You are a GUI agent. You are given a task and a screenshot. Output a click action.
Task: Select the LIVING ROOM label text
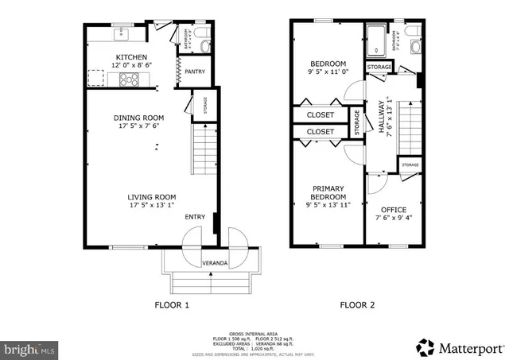click(x=151, y=197)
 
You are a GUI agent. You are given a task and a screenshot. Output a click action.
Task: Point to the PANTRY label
click(x=195, y=72)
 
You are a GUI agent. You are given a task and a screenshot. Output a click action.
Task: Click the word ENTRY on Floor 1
click(x=195, y=217)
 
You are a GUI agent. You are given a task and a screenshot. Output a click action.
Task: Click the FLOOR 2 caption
click(x=356, y=304)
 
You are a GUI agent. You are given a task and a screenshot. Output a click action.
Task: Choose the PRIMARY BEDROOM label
click(x=328, y=192)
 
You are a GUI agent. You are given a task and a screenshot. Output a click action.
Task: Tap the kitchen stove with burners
click(x=130, y=79)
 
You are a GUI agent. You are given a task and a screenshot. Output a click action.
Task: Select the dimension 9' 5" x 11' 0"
click(x=328, y=72)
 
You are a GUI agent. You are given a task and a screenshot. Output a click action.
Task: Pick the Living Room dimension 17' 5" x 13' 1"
click(x=151, y=206)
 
